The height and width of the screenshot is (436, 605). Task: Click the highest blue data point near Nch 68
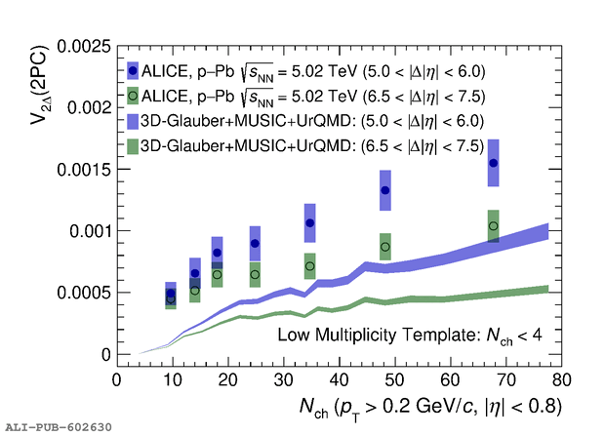coord(494,163)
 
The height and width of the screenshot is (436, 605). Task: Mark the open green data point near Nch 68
coord(494,226)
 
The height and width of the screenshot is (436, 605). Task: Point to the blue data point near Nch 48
coord(385,190)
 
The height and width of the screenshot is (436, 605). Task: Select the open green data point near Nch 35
coord(310,266)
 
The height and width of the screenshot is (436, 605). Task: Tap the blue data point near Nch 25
coord(255,243)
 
